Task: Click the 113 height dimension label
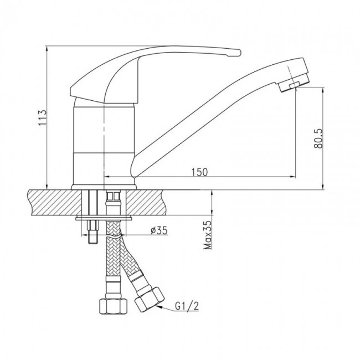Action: click(x=43, y=117)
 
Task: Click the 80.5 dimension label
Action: click(x=317, y=138)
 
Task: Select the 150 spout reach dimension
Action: click(x=199, y=172)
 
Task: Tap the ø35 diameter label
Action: click(x=159, y=230)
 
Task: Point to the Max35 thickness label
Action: click(x=208, y=235)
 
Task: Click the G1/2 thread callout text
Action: click(x=187, y=306)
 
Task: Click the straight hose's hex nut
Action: click(x=113, y=306)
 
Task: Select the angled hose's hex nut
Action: click(x=149, y=299)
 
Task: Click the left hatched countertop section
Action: click(x=55, y=203)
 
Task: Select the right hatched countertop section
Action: click(x=146, y=203)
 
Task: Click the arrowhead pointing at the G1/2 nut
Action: click(x=160, y=307)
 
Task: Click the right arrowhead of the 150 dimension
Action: click(x=292, y=177)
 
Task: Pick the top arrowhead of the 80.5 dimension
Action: click(x=323, y=90)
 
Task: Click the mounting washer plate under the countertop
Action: click(x=104, y=218)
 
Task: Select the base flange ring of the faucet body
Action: click(x=104, y=187)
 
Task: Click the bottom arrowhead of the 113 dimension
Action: click(x=47, y=187)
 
